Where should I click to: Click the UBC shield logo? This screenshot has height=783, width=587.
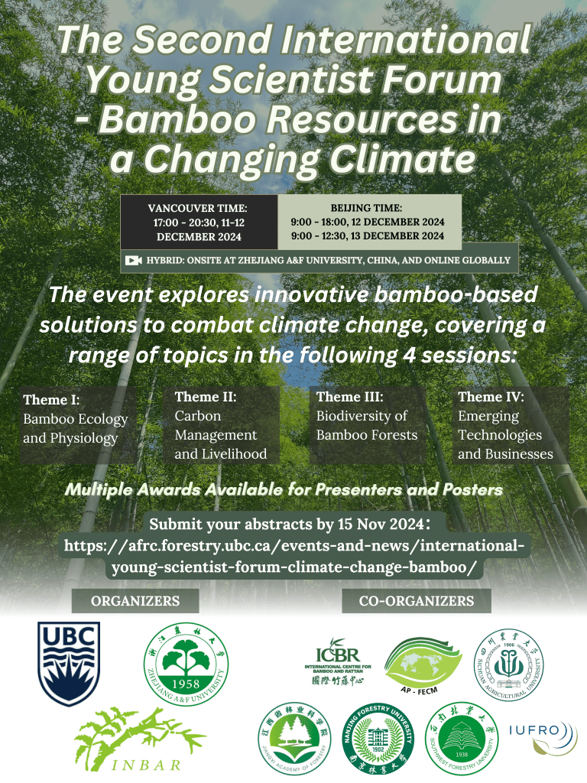(69, 663)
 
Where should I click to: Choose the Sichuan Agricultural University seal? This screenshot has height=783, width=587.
(507, 661)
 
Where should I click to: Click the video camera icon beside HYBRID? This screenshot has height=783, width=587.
(134, 261)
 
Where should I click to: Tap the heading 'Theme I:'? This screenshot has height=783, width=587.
(52, 400)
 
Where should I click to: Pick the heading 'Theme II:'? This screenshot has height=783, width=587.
(206, 397)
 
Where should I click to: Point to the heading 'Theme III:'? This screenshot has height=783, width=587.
(349, 397)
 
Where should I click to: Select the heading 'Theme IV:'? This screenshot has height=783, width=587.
(491, 397)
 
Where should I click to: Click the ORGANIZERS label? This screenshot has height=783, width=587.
(135, 601)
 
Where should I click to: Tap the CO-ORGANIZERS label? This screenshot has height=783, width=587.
(417, 601)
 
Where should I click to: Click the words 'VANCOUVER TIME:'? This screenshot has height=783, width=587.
(198, 207)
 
